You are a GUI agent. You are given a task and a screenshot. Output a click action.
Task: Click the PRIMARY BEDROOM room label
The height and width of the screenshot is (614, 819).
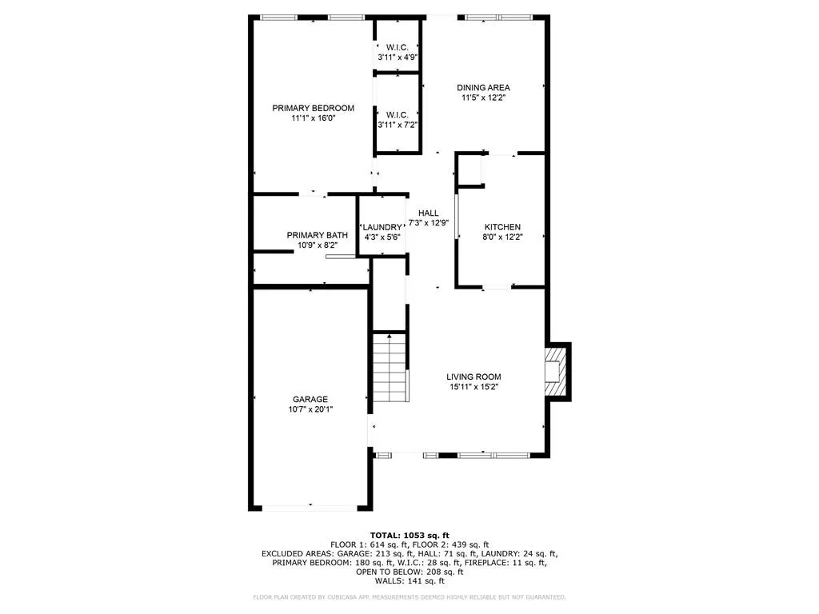pos(313,108)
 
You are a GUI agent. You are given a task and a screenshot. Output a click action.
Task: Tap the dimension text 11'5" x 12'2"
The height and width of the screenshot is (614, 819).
pos(483,98)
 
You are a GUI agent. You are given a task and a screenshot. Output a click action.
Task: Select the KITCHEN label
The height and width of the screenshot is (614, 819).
pos(502,227)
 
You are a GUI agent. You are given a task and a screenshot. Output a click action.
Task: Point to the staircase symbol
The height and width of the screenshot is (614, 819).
pos(390,368)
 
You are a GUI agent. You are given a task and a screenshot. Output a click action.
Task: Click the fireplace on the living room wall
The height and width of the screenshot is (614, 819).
pos(557,372)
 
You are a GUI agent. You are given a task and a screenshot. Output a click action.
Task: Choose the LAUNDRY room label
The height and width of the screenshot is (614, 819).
pos(382,227)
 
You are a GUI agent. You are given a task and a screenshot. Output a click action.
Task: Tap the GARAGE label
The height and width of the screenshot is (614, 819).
pos(310,400)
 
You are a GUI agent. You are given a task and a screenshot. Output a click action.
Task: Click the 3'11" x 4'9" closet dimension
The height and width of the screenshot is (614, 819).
pos(398,58)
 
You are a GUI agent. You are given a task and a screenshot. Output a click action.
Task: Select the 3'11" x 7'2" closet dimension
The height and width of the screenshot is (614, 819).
pos(398,125)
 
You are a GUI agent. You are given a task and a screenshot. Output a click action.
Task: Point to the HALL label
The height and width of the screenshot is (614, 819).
pos(429,213)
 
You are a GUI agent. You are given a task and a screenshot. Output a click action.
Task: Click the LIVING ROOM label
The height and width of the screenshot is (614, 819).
pos(473,377)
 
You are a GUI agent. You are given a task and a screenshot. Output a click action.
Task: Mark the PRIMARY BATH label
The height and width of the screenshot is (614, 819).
pos(317,236)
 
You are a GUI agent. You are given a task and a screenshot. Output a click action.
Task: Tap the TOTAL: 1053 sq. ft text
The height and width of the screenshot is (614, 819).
pos(409,535)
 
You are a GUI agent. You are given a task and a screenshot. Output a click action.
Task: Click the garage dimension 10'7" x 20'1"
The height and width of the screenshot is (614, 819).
pos(310,409)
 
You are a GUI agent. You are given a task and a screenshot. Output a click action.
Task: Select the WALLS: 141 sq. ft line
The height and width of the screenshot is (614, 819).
pos(409,580)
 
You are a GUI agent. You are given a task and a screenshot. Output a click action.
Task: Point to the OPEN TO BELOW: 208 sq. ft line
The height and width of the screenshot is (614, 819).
pos(409,572)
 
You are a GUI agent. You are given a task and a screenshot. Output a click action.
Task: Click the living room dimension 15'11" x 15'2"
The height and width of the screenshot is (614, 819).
pos(473,387)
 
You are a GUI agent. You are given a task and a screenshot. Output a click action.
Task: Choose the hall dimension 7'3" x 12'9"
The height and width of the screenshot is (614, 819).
pos(429,223)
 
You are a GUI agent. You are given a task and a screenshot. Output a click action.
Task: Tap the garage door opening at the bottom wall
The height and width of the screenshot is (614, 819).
pos(310,508)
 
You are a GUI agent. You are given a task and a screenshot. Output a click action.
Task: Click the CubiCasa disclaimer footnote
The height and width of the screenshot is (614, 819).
pos(409,596)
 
